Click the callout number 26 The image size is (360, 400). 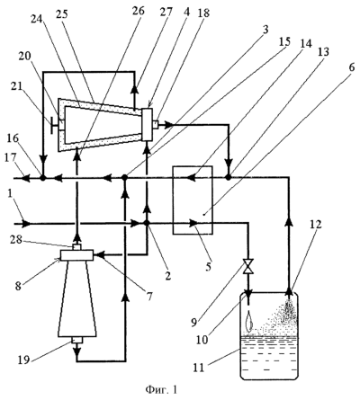coord(138,10)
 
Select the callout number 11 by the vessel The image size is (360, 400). coord(199,367)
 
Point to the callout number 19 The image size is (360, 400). coord(23,360)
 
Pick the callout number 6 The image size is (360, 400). coord(352,67)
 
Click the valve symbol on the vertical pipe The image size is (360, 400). coord(248,266)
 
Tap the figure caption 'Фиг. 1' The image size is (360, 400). coord(161,390)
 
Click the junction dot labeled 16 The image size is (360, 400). coord(43,178)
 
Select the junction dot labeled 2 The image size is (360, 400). coord(147,223)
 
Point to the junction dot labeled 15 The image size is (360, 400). coord(125,178)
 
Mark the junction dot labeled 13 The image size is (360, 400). coord(229,177)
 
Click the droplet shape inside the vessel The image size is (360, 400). coord(248,321)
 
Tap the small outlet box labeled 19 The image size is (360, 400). coord(77,340)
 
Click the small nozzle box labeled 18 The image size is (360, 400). coord(157,124)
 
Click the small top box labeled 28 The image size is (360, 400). coord(77,247)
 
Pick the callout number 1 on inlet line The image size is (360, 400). coord(11,206)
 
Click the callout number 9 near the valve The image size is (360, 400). coord(194,323)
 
